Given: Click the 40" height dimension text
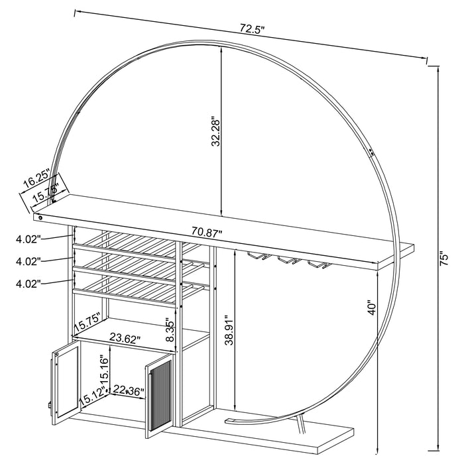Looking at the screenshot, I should (x=373, y=308).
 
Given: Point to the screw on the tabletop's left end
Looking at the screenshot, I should (x=40, y=217).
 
